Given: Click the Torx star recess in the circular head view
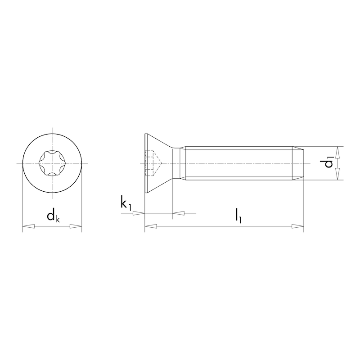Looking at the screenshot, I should (52, 163).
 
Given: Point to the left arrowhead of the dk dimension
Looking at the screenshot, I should (27, 227).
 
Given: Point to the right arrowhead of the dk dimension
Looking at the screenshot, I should (77, 227).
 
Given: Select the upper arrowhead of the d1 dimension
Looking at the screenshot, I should (338, 151).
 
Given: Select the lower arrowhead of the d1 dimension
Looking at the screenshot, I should (338, 175).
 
